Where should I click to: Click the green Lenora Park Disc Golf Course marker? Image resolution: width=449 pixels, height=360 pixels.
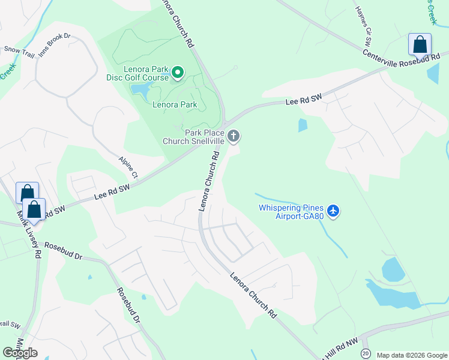(x=178, y=73)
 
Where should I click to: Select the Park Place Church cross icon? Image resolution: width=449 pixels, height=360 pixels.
(x=234, y=137)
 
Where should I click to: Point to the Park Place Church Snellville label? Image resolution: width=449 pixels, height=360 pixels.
(x=193, y=137)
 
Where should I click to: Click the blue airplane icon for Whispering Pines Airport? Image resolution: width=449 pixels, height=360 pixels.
(x=334, y=212)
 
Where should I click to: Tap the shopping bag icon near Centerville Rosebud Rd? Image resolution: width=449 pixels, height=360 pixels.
(x=420, y=45)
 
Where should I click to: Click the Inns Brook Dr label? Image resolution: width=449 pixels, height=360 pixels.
(x=55, y=45)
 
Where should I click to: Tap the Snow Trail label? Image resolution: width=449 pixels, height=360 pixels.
(x=19, y=52)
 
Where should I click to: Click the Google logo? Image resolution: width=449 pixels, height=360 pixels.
(x=20, y=353)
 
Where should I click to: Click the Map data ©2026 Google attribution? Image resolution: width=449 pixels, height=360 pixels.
(x=411, y=355)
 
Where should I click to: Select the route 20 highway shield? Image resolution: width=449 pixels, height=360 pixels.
(x=366, y=354)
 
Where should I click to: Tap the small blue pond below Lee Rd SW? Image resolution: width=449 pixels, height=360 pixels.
(x=303, y=125)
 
